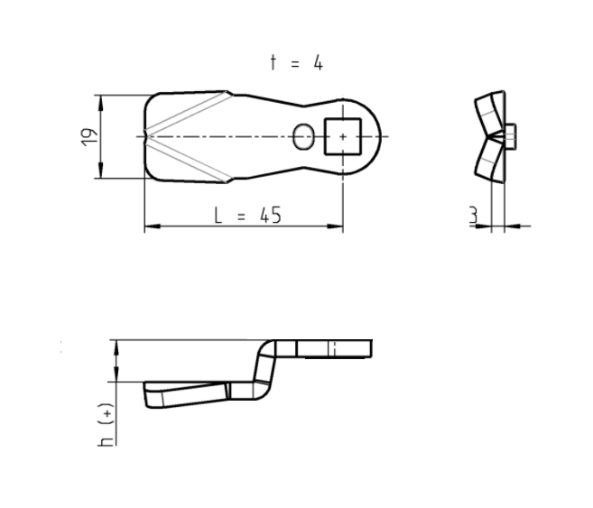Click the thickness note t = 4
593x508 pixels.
(x=295, y=62)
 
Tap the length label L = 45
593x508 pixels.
(x=247, y=215)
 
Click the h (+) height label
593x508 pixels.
(x=107, y=424)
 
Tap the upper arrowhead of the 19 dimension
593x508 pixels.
(x=99, y=99)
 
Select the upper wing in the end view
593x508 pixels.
(x=488, y=109)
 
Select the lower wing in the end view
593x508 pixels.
(x=488, y=161)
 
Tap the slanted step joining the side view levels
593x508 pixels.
(x=264, y=370)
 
